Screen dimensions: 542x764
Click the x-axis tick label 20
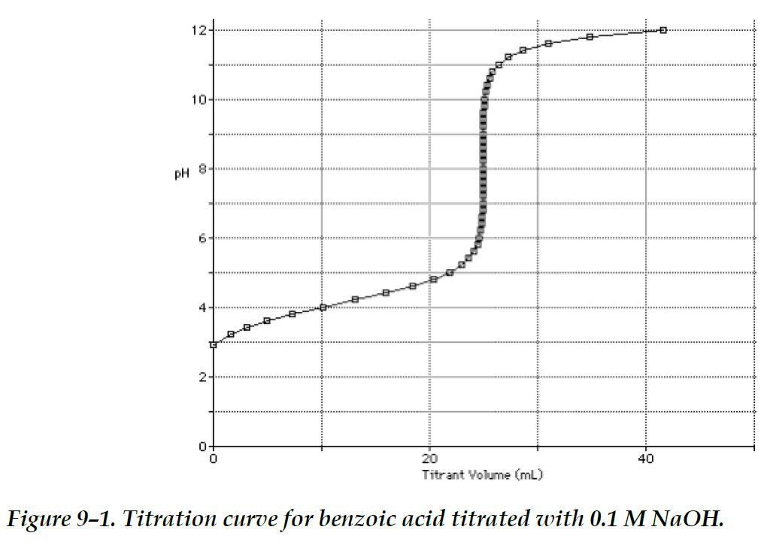pos(429,458)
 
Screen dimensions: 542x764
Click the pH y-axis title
pos(181,174)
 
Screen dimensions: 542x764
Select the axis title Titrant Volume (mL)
pos(482,474)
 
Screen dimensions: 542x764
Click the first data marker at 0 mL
pos(214,345)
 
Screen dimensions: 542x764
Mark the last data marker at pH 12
pos(663,30)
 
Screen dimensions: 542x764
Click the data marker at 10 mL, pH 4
pos(323,307)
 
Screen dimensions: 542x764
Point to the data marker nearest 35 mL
pos(590,37)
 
